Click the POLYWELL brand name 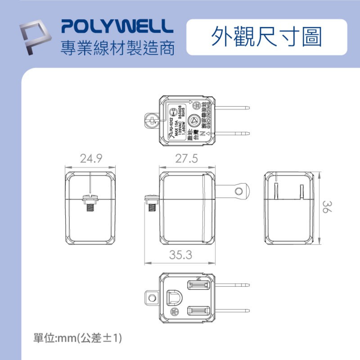click(114, 27)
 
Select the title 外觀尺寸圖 click(266, 37)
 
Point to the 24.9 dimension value click(91, 158)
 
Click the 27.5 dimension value click(187, 158)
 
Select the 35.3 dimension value click(181, 255)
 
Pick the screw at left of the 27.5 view click(152, 203)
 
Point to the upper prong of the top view click(232, 107)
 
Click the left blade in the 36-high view click(276, 191)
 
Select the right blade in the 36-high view click(301, 191)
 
